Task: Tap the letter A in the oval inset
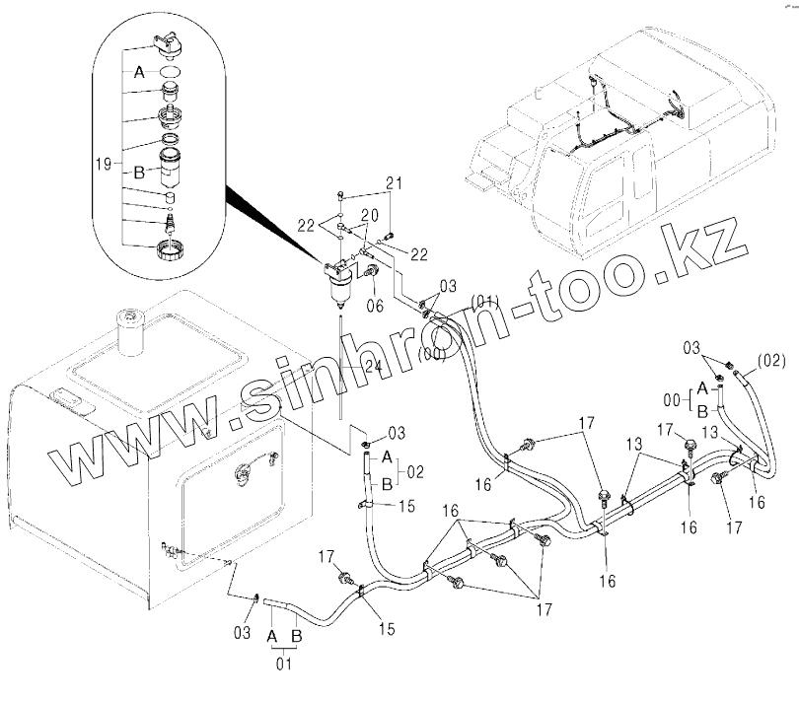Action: coord(138,71)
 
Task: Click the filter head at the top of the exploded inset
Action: coord(172,43)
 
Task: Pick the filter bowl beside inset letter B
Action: coord(174,173)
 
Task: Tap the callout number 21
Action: coord(395,183)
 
